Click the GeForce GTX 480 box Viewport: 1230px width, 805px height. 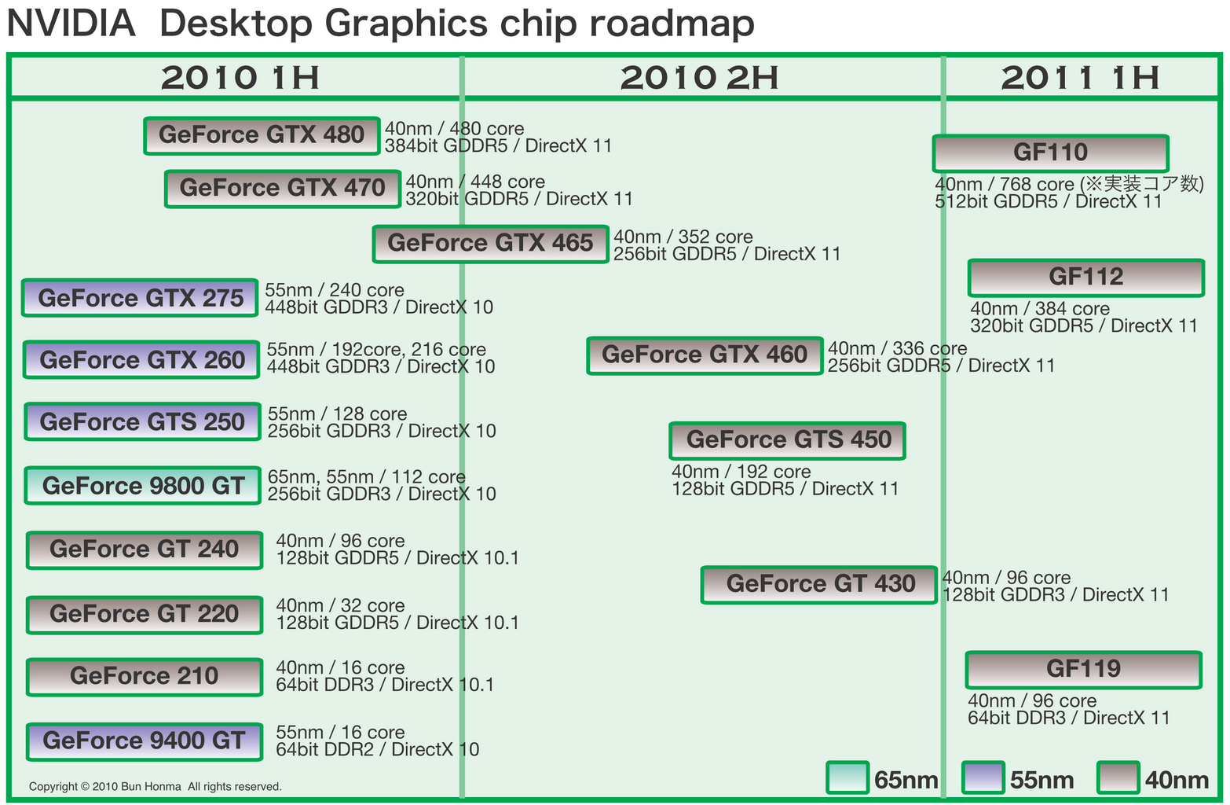[262, 136]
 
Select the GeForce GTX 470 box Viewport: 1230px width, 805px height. [283, 189]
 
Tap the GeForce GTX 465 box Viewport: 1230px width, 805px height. [490, 244]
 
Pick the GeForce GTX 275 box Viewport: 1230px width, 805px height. [140, 298]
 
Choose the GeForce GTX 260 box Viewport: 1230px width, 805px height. [141, 360]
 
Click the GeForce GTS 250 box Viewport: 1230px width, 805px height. [142, 422]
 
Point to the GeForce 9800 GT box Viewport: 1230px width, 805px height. [142, 486]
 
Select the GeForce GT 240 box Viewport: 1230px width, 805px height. [144, 550]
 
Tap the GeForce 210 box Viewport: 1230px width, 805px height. [144, 677]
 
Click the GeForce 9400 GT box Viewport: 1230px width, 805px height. [144, 741]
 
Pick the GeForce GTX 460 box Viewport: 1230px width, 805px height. [705, 355]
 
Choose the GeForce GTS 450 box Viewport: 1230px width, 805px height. [787, 440]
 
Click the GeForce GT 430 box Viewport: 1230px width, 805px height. [819, 584]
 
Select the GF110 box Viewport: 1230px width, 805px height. [1050, 153]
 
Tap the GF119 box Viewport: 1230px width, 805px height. [1083, 670]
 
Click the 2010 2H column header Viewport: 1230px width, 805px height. [699, 78]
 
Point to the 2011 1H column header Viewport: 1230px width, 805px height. [1080, 78]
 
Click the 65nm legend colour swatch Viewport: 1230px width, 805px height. [847, 778]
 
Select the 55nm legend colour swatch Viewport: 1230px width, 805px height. [983, 778]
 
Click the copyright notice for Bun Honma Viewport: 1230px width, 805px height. [155, 786]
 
